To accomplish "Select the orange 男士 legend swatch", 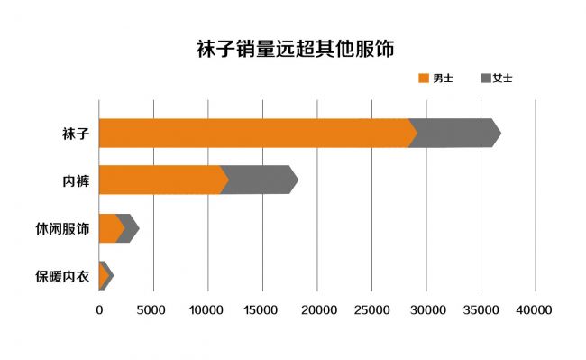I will click(423, 78).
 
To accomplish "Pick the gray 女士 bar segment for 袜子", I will click(456, 133).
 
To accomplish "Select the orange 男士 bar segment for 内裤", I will click(160, 180).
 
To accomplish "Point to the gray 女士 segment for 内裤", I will click(260, 180).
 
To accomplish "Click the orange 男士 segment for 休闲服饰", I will click(109, 228).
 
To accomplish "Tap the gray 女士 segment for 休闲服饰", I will click(130, 228).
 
